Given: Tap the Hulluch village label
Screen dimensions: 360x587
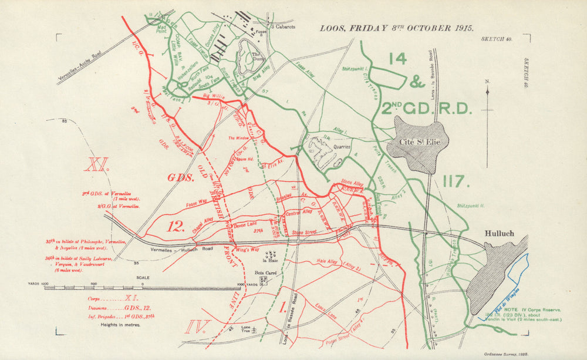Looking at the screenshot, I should click(x=500, y=233).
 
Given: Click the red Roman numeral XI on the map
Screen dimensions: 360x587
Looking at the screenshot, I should click(x=97, y=164).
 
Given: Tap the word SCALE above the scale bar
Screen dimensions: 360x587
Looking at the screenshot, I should click(x=143, y=278).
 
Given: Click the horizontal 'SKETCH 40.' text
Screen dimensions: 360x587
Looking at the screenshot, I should click(x=497, y=38).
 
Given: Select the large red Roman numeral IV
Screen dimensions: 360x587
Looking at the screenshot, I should click(x=195, y=326).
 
